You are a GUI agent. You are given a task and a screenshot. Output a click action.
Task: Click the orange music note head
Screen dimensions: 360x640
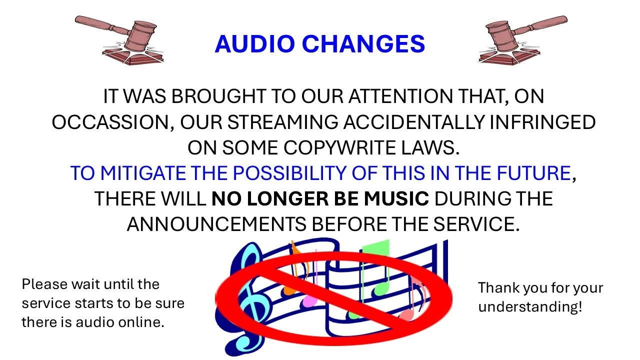[288, 290]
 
